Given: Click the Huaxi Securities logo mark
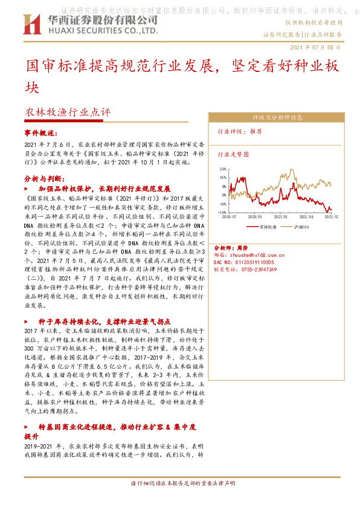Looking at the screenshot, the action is coord(30,25).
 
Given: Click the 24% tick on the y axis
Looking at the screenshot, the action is coord(223,169).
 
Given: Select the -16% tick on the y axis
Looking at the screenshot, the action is coord(222,213).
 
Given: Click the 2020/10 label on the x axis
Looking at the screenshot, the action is coord(255,216).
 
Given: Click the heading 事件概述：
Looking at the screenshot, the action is coord(43,132).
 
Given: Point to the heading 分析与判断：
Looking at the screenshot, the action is coord(45,179).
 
